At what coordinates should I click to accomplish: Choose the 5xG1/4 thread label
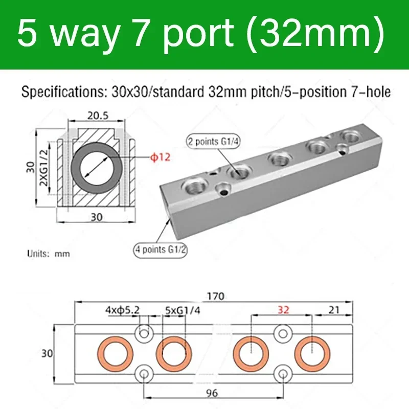tap(177, 310)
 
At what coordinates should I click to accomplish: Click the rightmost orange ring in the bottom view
tap(312, 353)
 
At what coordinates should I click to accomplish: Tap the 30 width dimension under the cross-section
tap(96, 216)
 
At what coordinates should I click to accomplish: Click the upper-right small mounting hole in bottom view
tap(282, 333)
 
